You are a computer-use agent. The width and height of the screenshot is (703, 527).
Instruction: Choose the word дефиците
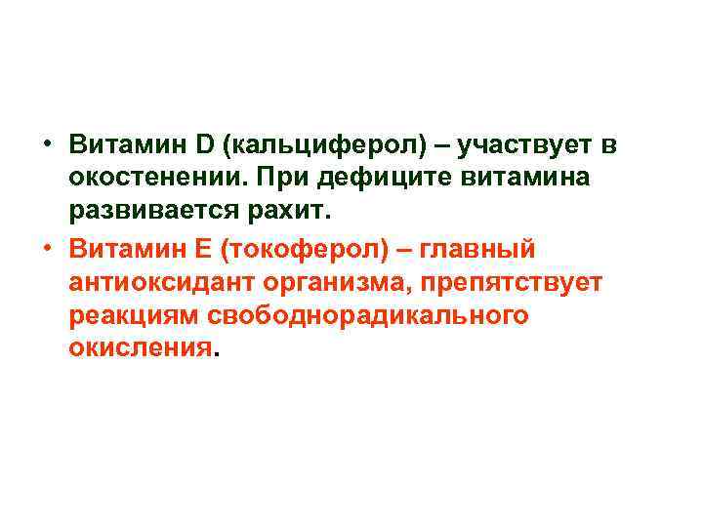tap(376, 181)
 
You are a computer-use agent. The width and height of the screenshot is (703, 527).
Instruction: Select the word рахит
tap(296, 215)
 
